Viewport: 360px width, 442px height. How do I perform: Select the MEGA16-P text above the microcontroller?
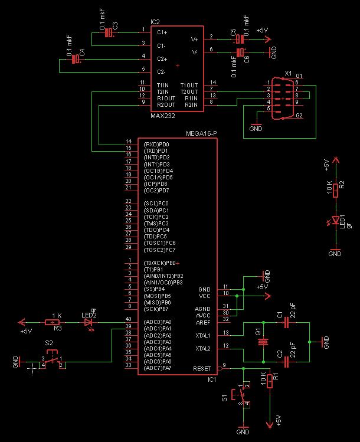click(x=202, y=133)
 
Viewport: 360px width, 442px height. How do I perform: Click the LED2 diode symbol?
click(x=89, y=322)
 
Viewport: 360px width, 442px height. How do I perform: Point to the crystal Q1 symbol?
click(x=264, y=342)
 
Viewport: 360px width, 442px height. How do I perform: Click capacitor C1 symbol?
click(x=287, y=323)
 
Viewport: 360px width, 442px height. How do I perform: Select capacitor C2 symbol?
click(x=287, y=361)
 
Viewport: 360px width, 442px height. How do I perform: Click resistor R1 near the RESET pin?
click(x=270, y=381)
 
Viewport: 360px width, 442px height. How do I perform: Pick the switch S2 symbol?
click(x=53, y=360)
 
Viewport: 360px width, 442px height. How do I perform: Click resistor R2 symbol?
click(x=335, y=190)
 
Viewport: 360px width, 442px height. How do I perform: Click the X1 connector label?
click(x=288, y=74)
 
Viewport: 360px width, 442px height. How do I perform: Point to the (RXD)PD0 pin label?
click(x=156, y=144)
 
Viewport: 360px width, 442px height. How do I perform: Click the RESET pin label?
click(x=201, y=368)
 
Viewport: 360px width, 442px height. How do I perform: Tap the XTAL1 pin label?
click(x=202, y=335)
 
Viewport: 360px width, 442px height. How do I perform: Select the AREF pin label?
click(x=204, y=322)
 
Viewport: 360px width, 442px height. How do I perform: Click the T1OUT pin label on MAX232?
click(x=189, y=85)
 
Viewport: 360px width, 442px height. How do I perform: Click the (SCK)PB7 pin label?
click(x=156, y=309)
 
